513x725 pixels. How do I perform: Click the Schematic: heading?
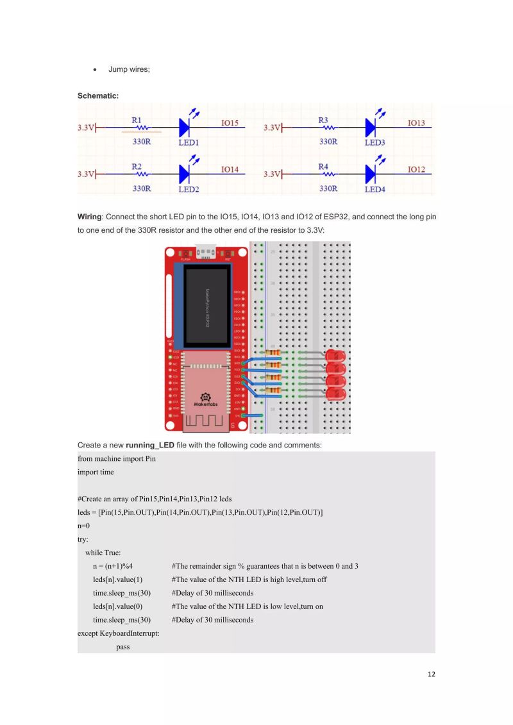(98, 96)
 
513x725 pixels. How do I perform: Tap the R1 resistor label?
(137, 119)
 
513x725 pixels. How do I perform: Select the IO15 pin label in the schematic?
(230, 122)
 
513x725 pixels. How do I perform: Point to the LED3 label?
(375, 142)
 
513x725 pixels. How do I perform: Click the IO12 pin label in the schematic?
(416, 169)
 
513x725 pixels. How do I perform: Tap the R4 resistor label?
(323, 166)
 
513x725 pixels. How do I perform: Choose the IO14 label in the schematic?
(230, 169)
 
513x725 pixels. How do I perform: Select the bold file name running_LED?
(150, 445)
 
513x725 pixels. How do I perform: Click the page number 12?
(430, 674)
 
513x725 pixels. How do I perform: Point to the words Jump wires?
(129, 69)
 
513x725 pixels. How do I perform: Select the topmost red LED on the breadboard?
(335, 356)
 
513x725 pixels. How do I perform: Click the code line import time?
(96, 472)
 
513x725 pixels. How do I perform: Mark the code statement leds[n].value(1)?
(117, 579)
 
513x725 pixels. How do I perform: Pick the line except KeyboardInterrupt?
(118, 633)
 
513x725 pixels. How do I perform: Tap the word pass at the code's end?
(123, 647)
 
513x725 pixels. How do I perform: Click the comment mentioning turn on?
(247, 606)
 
